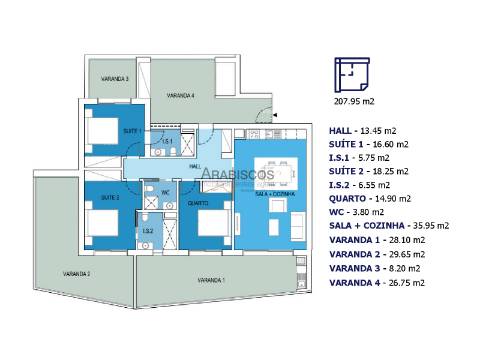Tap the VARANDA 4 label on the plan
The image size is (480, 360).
(x=180, y=96)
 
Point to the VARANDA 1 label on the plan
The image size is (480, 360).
(x=208, y=281)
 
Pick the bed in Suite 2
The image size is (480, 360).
(x=102, y=219)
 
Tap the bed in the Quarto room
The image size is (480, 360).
(x=212, y=222)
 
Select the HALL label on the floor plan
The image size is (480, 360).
(x=195, y=166)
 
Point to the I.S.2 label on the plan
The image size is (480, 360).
(x=147, y=232)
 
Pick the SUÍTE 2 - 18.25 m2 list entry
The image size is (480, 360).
(x=370, y=171)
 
